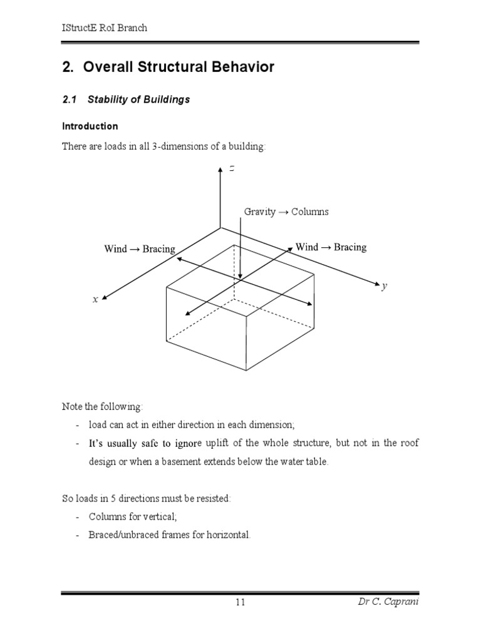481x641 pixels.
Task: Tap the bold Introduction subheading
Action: (x=90, y=126)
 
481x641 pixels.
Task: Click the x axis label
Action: (x=95, y=299)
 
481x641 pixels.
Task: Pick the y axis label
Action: (x=385, y=286)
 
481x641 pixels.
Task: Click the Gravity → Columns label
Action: (x=286, y=212)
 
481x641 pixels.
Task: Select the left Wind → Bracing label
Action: (x=140, y=249)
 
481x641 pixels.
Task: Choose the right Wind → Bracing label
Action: (x=331, y=247)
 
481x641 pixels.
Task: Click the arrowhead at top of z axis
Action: (x=219, y=170)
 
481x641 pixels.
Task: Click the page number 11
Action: (x=240, y=602)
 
